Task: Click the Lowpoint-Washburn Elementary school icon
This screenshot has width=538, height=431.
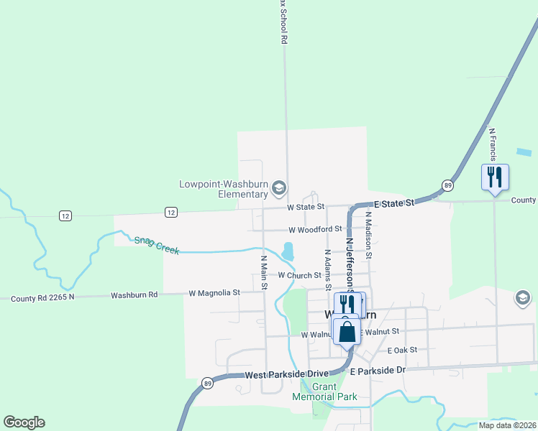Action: (x=278, y=189)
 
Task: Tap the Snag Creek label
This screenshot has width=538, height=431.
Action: (x=156, y=245)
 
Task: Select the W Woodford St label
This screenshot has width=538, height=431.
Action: (x=314, y=230)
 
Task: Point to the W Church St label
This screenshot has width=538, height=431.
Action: (x=299, y=275)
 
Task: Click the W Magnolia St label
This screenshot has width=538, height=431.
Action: (x=214, y=293)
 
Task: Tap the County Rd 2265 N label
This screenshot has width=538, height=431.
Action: (x=42, y=297)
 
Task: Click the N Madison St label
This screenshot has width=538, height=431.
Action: (x=369, y=234)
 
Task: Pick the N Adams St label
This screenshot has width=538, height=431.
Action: (x=327, y=267)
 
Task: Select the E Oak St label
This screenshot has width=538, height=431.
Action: (x=402, y=351)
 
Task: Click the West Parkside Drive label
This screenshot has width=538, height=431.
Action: (x=287, y=375)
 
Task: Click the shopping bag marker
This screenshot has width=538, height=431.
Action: (x=347, y=332)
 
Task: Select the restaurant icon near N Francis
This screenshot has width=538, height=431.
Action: (x=494, y=177)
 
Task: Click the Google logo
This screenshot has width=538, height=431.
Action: (x=24, y=422)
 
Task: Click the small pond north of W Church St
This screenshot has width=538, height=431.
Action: (x=288, y=251)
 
